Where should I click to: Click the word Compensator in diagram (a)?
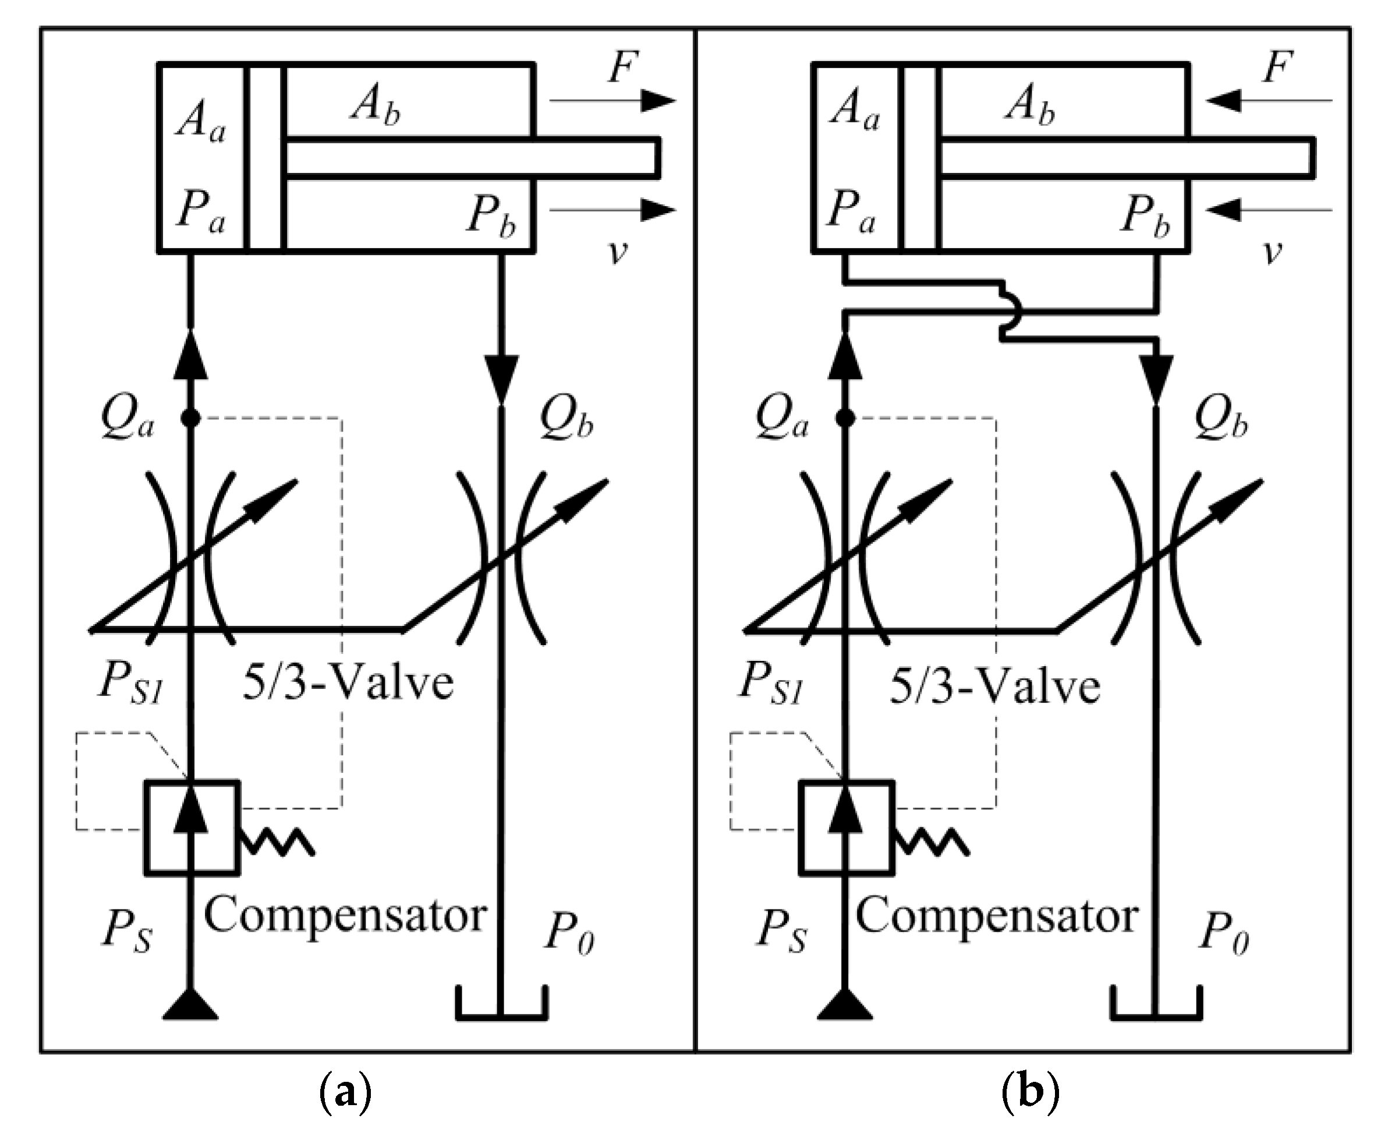pyautogui.click(x=345, y=916)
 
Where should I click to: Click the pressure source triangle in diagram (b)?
pyautogui.click(x=845, y=1005)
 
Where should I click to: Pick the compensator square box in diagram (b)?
pyautogui.click(x=845, y=827)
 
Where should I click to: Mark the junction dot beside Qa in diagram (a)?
pyautogui.click(x=190, y=418)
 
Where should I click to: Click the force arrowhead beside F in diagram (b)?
pyautogui.click(x=1223, y=101)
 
